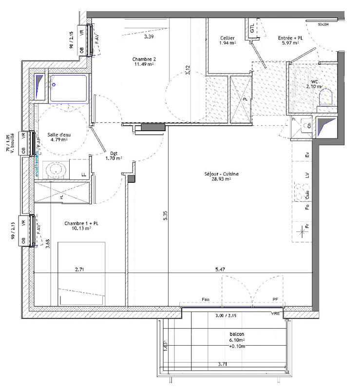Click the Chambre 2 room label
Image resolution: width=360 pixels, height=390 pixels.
tap(144, 59)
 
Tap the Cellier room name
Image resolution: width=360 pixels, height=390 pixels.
tap(227, 38)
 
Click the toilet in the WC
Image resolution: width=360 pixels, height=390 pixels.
tap(324, 99)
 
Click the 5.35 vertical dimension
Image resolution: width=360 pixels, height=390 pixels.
tap(166, 216)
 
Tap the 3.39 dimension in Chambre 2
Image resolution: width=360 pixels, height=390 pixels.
tap(150, 37)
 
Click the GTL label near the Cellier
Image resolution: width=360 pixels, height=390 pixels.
tap(252, 28)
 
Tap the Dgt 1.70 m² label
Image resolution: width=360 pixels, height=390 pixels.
tap(114, 155)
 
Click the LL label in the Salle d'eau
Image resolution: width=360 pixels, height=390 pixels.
tap(83, 174)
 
